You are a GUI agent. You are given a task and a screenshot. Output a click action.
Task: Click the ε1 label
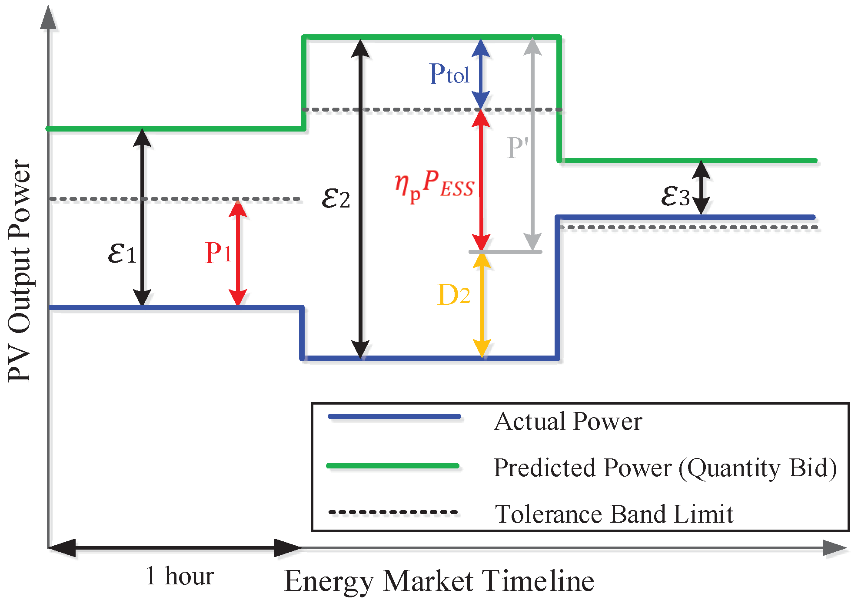pyautogui.click(x=122, y=253)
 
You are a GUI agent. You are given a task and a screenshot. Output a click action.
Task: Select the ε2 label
pyautogui.click(x=336, y=198)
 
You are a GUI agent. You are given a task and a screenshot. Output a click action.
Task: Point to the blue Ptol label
pyautogui.click(x=449, y=74)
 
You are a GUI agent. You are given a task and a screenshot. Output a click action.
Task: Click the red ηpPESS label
pyautogui.click(x=434, y=185)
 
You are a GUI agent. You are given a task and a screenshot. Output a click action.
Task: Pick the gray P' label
pyautogui.click(x=517, y=148)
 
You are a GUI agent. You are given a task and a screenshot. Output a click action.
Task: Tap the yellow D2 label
pyautogui.click(x=454, y=295)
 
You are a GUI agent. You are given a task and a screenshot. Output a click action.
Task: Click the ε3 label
pyautogui.click(x=675, y=196)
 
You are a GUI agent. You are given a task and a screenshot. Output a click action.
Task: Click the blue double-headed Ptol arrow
pyautogui.click(x=481, y=74)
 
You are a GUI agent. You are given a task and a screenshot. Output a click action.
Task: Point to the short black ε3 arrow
pyautogui.click(x=701, y=188)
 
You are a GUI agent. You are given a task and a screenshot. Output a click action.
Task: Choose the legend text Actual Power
pyautogui.click(x=568, y=421)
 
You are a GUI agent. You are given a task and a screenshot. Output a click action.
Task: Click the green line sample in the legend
pyautogui.click(x=393, y=466)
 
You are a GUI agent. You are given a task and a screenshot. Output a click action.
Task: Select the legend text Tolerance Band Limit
pyautogui.click(x=614, y=514)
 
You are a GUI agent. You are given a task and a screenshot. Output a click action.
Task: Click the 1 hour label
pyautogui.click(x=180, y=576)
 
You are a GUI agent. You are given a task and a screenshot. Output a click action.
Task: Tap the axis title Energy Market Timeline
pyautogui.click(x=439, y=581)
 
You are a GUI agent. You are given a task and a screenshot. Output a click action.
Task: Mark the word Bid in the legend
pyautogui.click(x=813, y=468)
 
